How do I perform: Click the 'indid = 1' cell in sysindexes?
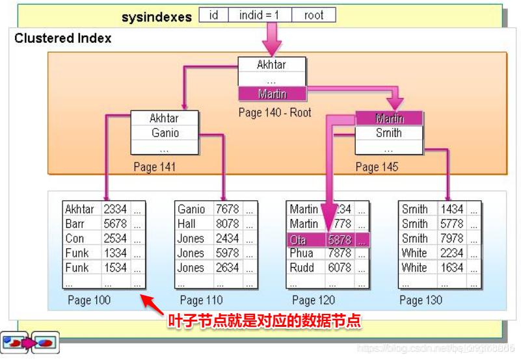260,16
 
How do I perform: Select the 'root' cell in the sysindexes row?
314,16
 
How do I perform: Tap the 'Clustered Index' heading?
62,38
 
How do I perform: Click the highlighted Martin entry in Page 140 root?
271,94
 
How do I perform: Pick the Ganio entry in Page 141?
165,133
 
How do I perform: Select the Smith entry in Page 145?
389,133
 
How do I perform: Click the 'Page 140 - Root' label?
274,112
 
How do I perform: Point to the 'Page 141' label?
154,167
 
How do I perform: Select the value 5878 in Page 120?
340,239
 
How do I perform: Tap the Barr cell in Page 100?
75,224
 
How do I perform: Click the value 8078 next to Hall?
227,224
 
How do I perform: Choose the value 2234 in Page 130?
451,253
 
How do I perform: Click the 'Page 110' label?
201,300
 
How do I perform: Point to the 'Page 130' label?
420,300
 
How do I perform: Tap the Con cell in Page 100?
75,238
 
